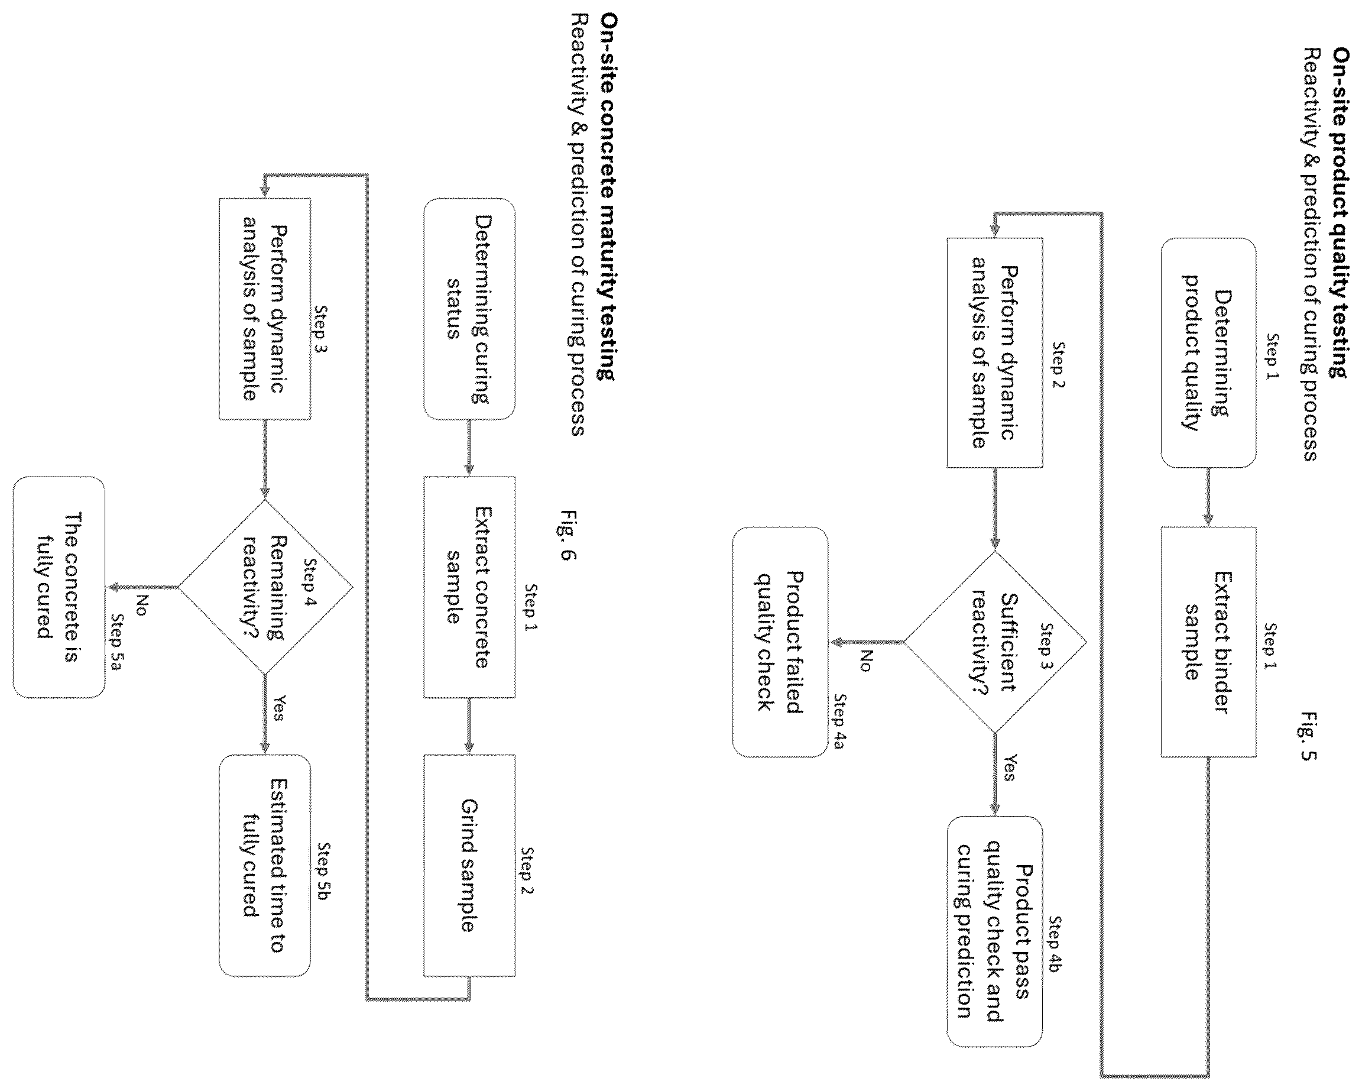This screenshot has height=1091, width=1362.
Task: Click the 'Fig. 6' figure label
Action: click(567, 535)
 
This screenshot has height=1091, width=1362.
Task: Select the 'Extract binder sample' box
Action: click(1208, 642)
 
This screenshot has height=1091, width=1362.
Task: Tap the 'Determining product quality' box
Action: click(1208, 352)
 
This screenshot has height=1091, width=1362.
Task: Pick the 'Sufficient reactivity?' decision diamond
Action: click(995, 642)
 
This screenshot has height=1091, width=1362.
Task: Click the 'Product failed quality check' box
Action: click(780, 642)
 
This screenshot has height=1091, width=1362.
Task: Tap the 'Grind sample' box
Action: click(469, 865)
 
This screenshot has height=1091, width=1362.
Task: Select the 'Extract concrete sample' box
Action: click(469, 587)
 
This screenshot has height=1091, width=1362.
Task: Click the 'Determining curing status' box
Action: click(469, 309)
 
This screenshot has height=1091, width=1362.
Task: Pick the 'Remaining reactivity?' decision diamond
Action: click(265, 587)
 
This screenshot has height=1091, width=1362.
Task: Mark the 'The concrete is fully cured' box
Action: click(59, 587)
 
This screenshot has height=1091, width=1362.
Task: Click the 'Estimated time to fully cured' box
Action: click(265, 865)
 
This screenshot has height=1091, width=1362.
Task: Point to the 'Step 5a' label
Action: click(118, 642)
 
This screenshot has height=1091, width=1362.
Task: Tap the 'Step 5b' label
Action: click(324, 870)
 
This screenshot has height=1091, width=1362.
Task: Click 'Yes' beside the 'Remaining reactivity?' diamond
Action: click(278, 707)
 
